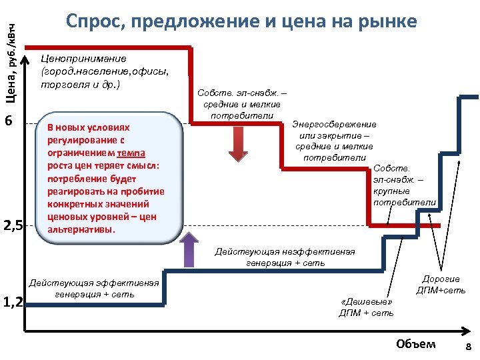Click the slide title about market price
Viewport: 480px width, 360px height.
click(x=241, y=21)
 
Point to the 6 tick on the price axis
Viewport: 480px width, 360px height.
click(x=9, y=121)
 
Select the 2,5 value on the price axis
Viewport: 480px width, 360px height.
click(x=13, y=226)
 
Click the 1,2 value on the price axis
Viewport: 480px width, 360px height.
click(x=13, y=303)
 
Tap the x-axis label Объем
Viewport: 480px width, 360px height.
click(x=415, y=344)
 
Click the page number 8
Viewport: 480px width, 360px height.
click(x=467, y=347)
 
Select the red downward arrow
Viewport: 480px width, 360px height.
click(x=238, y=143)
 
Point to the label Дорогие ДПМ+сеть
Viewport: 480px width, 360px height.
click(x=441, y=285)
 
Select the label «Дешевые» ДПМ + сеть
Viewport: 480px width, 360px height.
click(x=367, y=307)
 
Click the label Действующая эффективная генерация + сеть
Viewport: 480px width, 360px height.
click(x=94, y=289)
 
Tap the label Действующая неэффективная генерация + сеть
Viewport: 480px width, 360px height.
click(x=284, y=257)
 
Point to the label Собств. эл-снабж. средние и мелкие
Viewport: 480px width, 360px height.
click(x=242, y=105)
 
